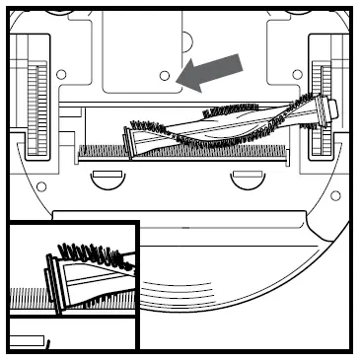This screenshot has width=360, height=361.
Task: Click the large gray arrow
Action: tap(213, 70)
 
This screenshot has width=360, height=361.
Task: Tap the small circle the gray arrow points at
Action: tap(166, 74)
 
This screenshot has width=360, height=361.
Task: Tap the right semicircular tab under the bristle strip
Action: tap(242, 178)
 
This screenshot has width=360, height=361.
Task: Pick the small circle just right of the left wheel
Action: tap(61, 74)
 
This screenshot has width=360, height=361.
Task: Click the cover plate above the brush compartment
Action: tap(138, 49)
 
